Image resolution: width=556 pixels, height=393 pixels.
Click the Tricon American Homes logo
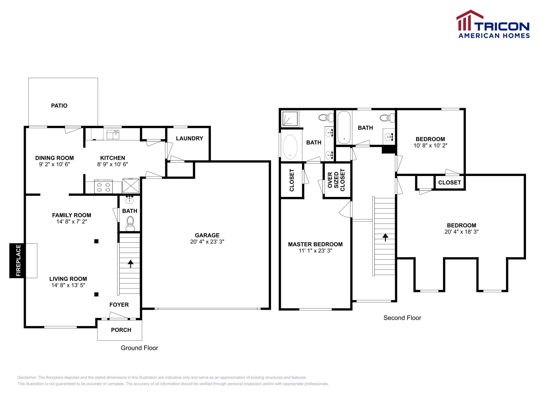(x=493, y=24)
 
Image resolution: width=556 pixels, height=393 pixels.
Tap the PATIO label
(x=59, y=106)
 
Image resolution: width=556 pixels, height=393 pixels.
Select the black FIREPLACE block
(x=18, y=260)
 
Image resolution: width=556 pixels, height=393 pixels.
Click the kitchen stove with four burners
(x=103, y=186)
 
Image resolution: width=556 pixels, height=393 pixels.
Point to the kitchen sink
(x=113, y=134)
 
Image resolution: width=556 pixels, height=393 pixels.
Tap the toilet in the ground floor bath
(x=130, y=223)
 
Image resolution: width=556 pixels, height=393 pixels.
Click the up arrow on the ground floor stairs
(x=130, y=264)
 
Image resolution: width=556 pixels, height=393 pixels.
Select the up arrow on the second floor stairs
(x=385, y=237)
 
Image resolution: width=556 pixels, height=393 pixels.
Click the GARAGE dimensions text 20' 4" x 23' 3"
(x=207, y=242)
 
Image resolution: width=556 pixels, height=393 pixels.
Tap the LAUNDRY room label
(x=189, y=139)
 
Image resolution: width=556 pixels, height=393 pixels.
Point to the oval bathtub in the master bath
(x=290, y=147)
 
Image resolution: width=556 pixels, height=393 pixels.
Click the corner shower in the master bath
(x=290, y=119)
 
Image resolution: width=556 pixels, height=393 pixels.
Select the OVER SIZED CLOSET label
(x=336, y=180)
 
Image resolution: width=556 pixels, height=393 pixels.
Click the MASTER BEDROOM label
(x=315, y=244)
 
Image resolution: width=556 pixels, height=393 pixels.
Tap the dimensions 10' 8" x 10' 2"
(x=430, y=145)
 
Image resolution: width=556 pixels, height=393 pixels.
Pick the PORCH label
(x=121, y=330)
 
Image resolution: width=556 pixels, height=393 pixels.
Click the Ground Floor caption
(x=139, y=348)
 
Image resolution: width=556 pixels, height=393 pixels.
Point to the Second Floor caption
(x=402, y=318)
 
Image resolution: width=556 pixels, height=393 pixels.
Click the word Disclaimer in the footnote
(x=27, y=377)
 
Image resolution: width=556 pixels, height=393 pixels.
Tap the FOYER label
(x=119, y=305)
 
